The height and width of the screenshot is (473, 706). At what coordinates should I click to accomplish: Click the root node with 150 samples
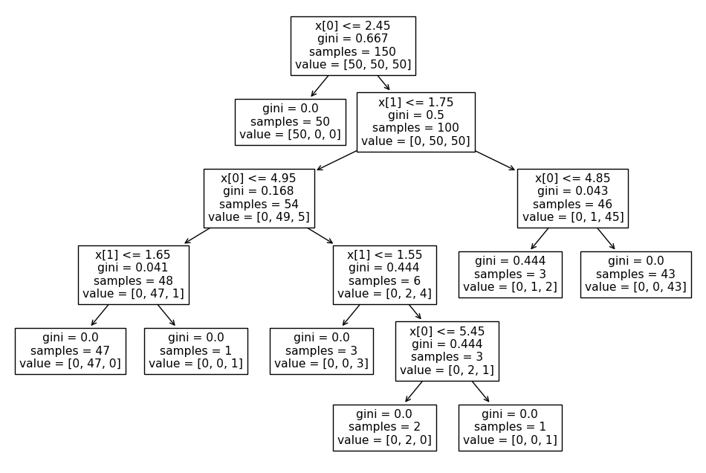click(x=352, y=45)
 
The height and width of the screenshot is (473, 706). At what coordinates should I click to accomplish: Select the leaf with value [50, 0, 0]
click(x=290, y=122)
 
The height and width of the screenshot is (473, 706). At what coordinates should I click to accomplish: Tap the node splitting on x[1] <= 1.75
click(x=415, y=122)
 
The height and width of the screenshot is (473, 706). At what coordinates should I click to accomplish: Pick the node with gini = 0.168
click(x=259, y=198)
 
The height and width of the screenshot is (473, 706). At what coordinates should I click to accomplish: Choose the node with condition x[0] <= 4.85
click(x=572, y=198)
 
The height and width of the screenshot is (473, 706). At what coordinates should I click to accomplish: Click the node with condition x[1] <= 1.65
click(x=133, y=274)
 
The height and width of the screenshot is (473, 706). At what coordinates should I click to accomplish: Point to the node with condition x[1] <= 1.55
click(x=384, y=274)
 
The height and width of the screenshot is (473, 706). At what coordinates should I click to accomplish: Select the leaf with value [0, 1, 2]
click(x=510, y=274)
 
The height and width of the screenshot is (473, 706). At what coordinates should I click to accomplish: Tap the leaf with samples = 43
click(x=635, y=274)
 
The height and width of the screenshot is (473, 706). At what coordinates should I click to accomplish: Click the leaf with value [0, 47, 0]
click(x=70, y=351)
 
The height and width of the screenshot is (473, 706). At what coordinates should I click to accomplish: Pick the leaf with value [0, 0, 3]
click(x=321, y=351)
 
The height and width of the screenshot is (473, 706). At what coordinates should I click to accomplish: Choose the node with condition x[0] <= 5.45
click(x=447, y=351)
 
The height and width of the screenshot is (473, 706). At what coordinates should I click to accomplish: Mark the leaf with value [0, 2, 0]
click(x=384, y=428)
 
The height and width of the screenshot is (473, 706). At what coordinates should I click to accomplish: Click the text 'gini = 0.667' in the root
click(x=352, y=39)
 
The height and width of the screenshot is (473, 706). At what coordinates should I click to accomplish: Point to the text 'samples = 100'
click(x=415, y=128)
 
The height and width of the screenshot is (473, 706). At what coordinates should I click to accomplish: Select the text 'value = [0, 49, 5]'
click(x=259, y=217)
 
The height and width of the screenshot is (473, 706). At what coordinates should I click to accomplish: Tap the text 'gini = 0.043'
click(x=572, y=191)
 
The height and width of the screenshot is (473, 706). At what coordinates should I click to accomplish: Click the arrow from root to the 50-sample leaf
click(x=320, y=86)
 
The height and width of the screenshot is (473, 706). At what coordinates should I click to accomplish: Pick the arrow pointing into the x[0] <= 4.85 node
click(x=494, y=161)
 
